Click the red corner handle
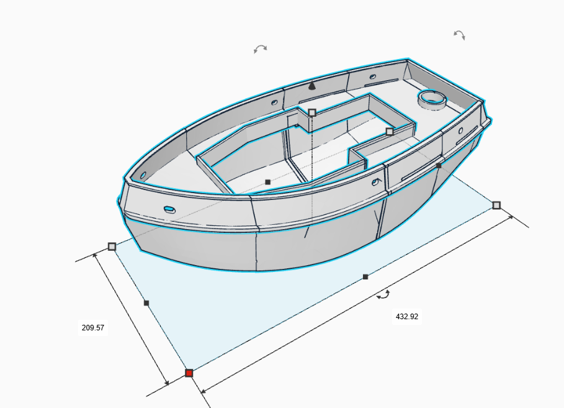[189, 373]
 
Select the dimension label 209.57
[93, 328]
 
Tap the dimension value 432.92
[407, 317]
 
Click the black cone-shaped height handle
[312, 86]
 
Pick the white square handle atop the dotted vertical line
[312, 113]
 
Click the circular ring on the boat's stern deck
[432, 99]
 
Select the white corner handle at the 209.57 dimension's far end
[112, 247]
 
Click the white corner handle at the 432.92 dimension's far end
[496, 206]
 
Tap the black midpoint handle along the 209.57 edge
[146, 303]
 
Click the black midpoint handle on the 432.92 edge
[365, 277]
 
